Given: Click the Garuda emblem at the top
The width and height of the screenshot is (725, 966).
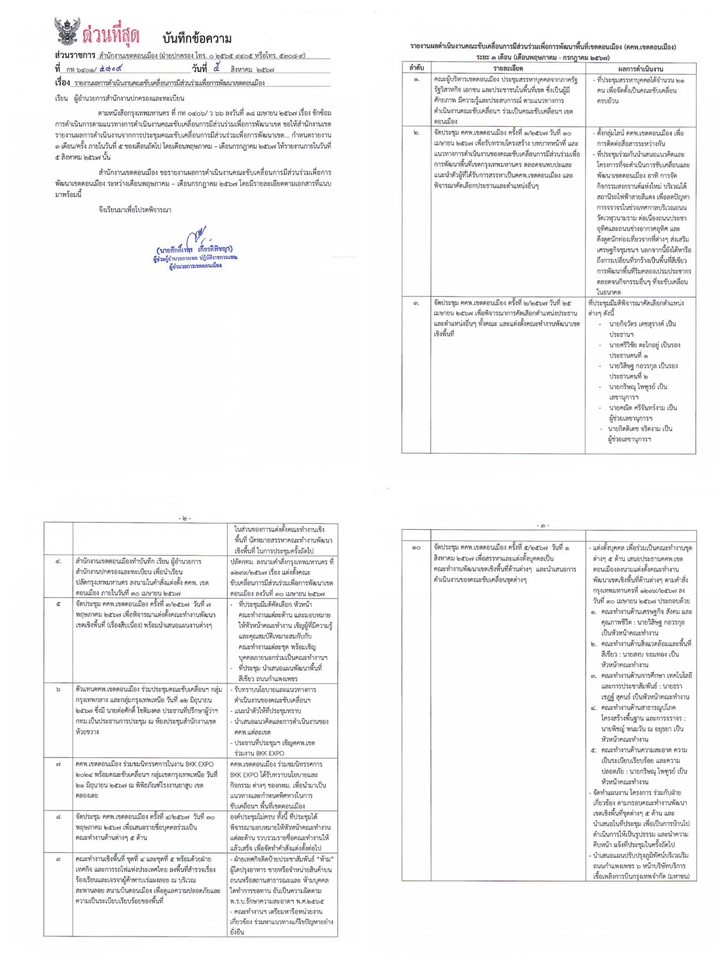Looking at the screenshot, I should pyautogui.click(x=67, y=31).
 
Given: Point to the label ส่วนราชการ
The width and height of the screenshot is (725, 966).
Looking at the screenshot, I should pyautogui.click(x=75, y=56).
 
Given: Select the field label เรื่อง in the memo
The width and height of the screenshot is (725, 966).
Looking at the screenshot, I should pyautogui.click(x=63, y=83).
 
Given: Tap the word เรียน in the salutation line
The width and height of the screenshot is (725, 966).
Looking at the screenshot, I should pyautogui.click(x=62, y=98).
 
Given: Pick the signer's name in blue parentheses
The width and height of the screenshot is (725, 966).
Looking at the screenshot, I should pyautogui.click(x=194, y=250).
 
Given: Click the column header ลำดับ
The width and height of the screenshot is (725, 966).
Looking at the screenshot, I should pyautogui.click(x=416, y=68).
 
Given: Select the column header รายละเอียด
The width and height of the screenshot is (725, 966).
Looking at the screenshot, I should pyautogui.click(x=508, y=68).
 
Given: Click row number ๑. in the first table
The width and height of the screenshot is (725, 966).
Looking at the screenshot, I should pyautogui.click(x=416, y=80).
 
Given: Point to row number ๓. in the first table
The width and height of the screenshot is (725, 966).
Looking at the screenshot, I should pyautogui.click(x=416, y=303).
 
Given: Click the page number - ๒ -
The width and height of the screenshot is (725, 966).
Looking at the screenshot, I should pyautogui.click(x=185, y=518).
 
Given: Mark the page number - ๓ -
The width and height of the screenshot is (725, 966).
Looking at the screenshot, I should pyautogui.click(x=542, y=525).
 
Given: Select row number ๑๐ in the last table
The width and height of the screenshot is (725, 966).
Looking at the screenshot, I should pyautogui.click(x=416, y=547).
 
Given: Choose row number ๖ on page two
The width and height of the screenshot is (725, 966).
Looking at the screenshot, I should pyautogui.click(x=59, y=690).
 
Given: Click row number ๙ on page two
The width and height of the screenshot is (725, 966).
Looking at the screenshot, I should pyautogui.click(x=59, y=859).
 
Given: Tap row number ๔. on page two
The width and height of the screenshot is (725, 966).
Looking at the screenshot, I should pyautogui.click(x=59, y=562).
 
